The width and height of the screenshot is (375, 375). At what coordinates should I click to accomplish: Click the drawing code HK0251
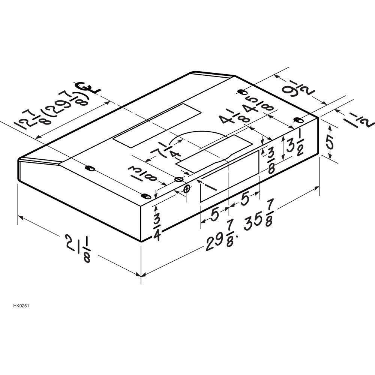pyautogui.click(x=21, y=306)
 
